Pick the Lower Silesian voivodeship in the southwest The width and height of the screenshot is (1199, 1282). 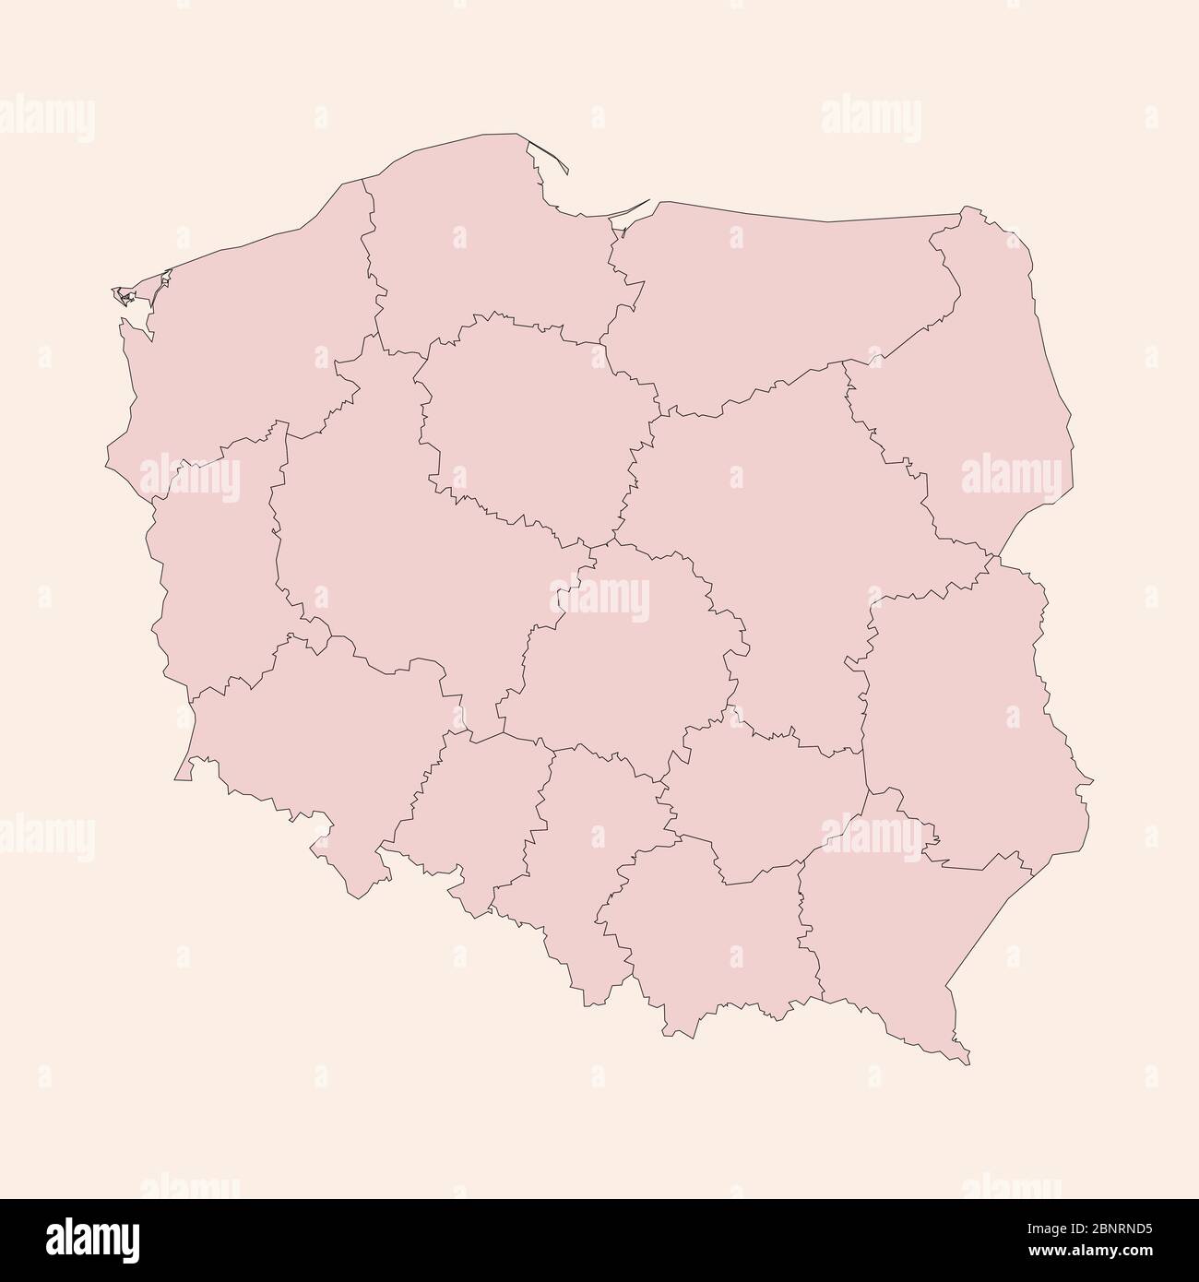pos(323,738)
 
